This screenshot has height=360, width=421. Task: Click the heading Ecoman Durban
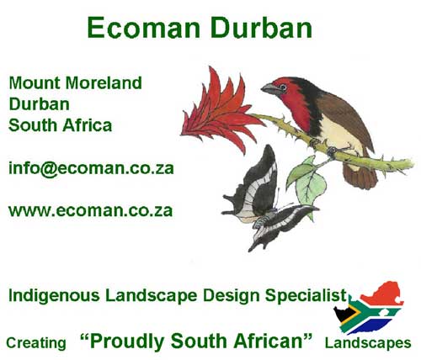click(x=200, y=29)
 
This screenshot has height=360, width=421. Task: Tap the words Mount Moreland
click(x=75, y=83)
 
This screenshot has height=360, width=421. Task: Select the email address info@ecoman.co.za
click(x=91, y=167)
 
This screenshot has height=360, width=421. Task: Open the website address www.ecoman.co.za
click(x=90, y=209)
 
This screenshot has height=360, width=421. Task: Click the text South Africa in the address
click(x=60, y=124)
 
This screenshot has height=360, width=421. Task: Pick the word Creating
click(x=35, y=343)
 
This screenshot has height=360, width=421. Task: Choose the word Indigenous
click(x=50, y=295)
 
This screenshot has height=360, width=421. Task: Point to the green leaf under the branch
click(x=301, y=175)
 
